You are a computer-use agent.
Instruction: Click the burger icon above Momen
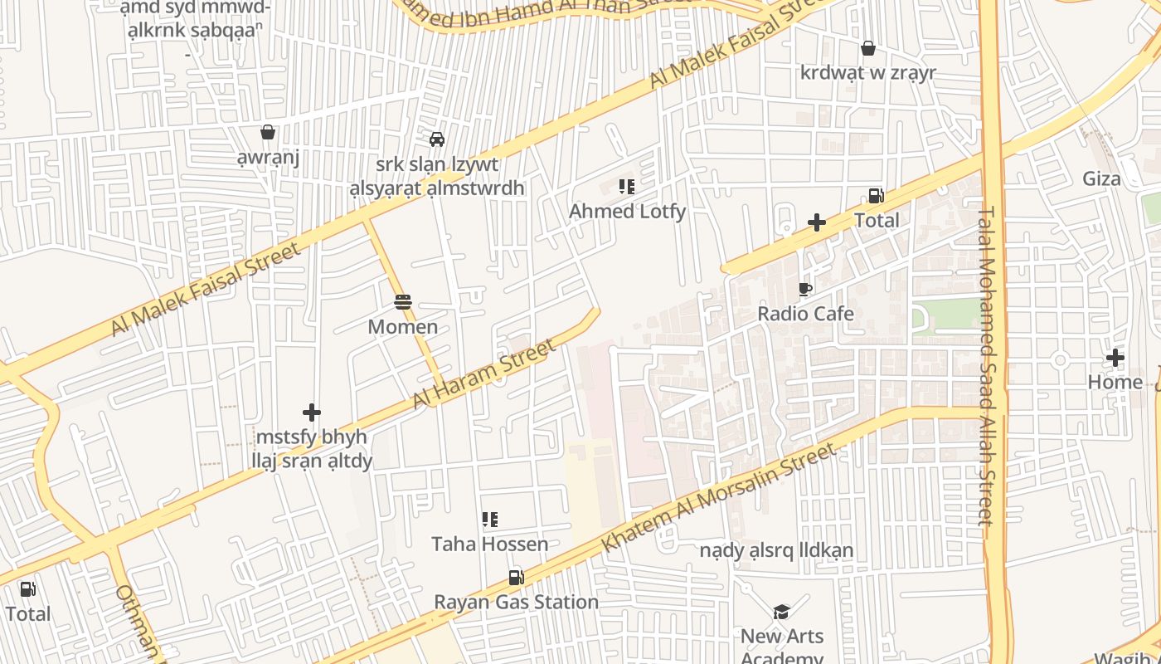tap(403, 302)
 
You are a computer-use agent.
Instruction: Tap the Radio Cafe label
tap(805, 314)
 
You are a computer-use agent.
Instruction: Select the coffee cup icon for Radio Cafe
tap(804, 289)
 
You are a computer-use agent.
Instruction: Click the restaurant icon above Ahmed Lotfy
tap(627, 187)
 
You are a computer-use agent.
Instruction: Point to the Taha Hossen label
tap(489, 544)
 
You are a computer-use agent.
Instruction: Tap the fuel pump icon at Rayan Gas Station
tap(516, 577)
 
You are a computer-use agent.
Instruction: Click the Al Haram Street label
tap(484, 374)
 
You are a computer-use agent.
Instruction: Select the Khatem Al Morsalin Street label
tap(718, 498)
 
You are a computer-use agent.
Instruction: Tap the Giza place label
tap(1101, 178)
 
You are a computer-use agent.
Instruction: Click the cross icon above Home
tap(1115, 358)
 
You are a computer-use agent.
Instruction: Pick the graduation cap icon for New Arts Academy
tap(781, 612)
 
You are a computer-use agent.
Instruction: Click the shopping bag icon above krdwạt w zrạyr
tap(867, 48)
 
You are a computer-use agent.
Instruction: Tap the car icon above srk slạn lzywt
tap(436, 139)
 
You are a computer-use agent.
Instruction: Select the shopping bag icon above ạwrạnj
tap(268, 132)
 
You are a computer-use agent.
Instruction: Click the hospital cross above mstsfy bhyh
tap(312, 412)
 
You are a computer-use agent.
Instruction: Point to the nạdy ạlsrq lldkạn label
tap(776, 550)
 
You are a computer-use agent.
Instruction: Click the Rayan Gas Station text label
tap(516, 602)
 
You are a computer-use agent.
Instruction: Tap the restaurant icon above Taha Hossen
tap(489, 520)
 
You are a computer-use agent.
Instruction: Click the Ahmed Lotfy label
tap(627, 212)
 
